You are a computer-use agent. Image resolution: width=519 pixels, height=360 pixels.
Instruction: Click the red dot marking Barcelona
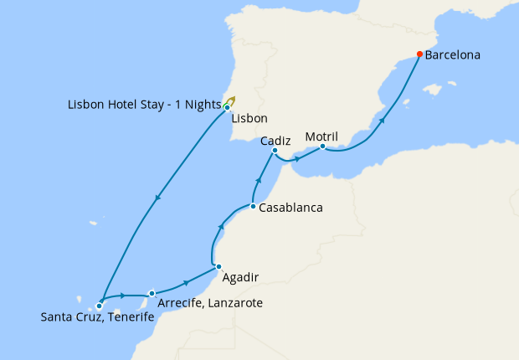click(419, 55)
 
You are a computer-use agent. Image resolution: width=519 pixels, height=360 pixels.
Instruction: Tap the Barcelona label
click(453, 56)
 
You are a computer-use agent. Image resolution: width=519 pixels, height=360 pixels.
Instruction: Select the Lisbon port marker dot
click(227, 107)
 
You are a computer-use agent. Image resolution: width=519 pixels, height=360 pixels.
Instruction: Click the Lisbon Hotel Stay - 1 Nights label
click(144, 105)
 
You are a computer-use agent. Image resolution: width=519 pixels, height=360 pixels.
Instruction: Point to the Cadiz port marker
click(275, 151)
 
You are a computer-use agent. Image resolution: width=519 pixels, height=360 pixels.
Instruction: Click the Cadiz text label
click(275, 141)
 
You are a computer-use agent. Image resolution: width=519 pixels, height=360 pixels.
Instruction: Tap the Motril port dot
click(322, 147)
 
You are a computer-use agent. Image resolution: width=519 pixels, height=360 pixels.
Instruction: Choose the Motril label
click(321, 136)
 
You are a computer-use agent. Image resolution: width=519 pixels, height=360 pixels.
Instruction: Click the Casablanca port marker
click(252, 206)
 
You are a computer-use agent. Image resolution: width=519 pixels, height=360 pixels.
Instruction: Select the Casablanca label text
click(290, 207)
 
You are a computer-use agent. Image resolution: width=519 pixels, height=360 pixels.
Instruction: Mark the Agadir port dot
click(218, 267)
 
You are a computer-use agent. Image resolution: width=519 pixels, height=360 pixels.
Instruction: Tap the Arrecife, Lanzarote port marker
click(152, 293)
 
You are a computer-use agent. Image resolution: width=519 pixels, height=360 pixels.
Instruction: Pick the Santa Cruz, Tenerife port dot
click(99, 306)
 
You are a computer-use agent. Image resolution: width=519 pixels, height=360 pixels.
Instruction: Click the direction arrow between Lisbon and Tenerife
click(158, 198)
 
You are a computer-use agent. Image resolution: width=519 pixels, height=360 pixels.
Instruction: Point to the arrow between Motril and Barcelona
click(383, 121)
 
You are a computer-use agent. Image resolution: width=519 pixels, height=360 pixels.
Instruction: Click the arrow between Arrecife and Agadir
click(184, 284)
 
